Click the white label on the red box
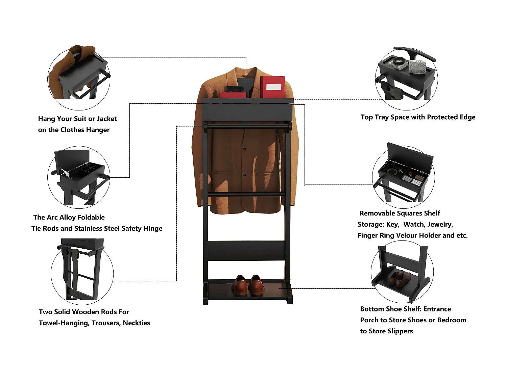click(x=273, y=87)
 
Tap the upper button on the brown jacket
click(x=245, y=149)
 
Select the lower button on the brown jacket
click(x=245, y=175)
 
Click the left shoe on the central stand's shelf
click(x=240, y=284)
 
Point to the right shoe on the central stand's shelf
click(x=257, y=284)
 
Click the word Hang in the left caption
click(x=46, y=119)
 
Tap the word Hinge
click(x=153, y=229)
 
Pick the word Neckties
click(x=136, y=323)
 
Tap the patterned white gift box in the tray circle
click(x=418, y=67)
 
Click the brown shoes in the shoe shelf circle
click(x=400, y=278)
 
